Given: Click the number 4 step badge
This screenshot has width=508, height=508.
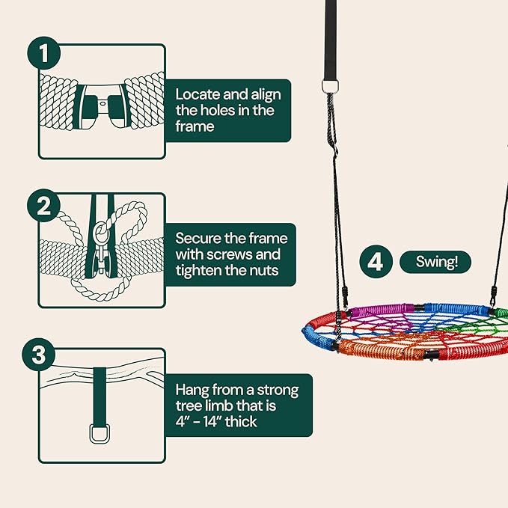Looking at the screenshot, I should [x=376, y=262].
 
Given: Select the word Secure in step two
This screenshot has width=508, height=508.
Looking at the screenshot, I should [x=198, y=238].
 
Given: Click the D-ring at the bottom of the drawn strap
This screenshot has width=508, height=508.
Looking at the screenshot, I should [x=100, y=433].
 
